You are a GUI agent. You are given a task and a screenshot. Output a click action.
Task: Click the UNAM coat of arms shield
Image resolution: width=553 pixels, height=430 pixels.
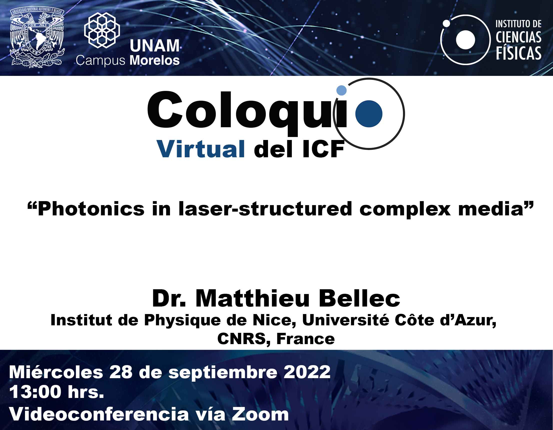pyautogui.click(x=37, y=38)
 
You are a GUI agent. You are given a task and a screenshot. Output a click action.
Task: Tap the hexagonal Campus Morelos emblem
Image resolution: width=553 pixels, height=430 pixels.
pyautogui.click(x=102, y=30)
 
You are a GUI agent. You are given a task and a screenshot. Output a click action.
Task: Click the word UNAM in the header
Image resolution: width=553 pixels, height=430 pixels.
pyautogui.click(x=154, y=46)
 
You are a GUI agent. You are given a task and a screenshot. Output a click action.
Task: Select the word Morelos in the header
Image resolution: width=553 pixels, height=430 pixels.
pyautogui.click(x=154, y=60)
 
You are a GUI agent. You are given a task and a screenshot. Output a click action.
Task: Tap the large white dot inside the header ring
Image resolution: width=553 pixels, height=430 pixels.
pyautogui.click(x=465, y=40)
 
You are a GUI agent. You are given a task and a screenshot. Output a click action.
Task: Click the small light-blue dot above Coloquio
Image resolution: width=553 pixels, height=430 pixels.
pyautogui.click(x=341, y=90)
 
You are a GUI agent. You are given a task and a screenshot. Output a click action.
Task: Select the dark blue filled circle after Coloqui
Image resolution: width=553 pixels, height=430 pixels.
pyautogui.click(x=369, y=114)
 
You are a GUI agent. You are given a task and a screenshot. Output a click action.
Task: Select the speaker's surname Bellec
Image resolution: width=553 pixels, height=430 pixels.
pyautogui.click(x=359, y=298)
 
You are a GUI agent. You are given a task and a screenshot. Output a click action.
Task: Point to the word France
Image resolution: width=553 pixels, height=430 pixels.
pyautogui.click(x=305, y=339)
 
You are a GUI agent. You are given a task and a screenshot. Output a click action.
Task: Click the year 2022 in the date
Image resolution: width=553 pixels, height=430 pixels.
pyautogui.click(x=307, y=372)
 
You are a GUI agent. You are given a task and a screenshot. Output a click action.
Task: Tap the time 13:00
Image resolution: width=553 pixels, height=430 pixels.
pyautogui.click(x=35, y=392)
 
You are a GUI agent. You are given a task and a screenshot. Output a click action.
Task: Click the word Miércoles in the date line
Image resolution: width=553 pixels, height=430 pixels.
pyautogui.click(x=56, y=372)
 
